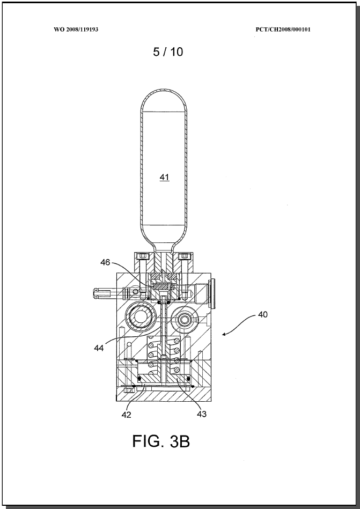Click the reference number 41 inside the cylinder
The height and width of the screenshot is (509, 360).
click(164, 177)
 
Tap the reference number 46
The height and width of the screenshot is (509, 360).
click(105, 262)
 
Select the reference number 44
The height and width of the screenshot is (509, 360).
click(99, 348)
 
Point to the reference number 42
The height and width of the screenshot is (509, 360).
click(126, 415)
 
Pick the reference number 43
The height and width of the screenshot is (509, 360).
click(202, 414)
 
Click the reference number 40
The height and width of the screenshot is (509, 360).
click(263, 314)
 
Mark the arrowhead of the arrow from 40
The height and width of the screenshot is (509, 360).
click(224, 334)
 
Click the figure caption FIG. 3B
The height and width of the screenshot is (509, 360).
click(161, 441)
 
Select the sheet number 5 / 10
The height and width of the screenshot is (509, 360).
click(168, 51)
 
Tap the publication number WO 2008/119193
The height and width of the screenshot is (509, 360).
click(76, 29)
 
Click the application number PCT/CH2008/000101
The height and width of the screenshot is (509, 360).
click(283, 29)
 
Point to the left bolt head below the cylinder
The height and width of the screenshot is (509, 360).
click(143, 257)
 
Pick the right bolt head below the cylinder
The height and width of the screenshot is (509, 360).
click(185, 257)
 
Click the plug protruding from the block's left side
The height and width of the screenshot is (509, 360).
click(105, 293)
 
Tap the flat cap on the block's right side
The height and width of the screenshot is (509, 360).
click(212, 294)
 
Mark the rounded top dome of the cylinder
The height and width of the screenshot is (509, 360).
click(164, 99)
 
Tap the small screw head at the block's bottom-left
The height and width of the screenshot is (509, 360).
click(129, 389)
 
